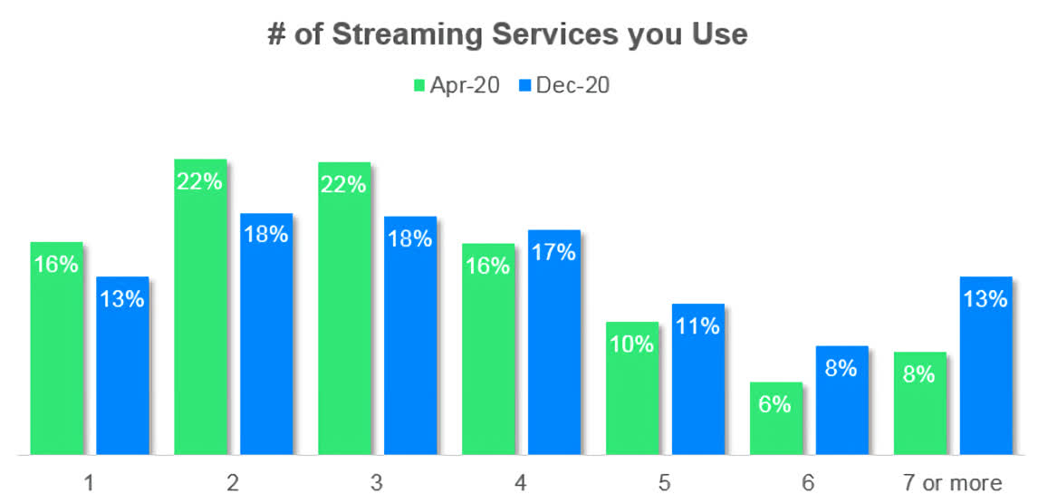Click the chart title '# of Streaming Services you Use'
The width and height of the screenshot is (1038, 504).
(x=507, y=34)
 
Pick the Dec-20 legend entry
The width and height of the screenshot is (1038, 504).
(x=564, y=85)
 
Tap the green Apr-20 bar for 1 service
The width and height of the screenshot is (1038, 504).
(x=56, y=354)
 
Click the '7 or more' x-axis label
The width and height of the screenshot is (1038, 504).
(x=952, y=483)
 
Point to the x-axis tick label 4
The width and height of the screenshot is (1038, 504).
(x=521, y=483)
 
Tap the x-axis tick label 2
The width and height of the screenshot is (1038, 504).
(x=233, y=483)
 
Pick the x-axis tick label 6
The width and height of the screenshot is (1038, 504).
(x=809, y=483)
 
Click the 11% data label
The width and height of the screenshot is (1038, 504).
(x=697, y=326)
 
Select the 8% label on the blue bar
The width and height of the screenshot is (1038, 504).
(x=841, y=368)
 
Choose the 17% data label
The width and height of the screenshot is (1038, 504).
(x=553, y=252)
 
